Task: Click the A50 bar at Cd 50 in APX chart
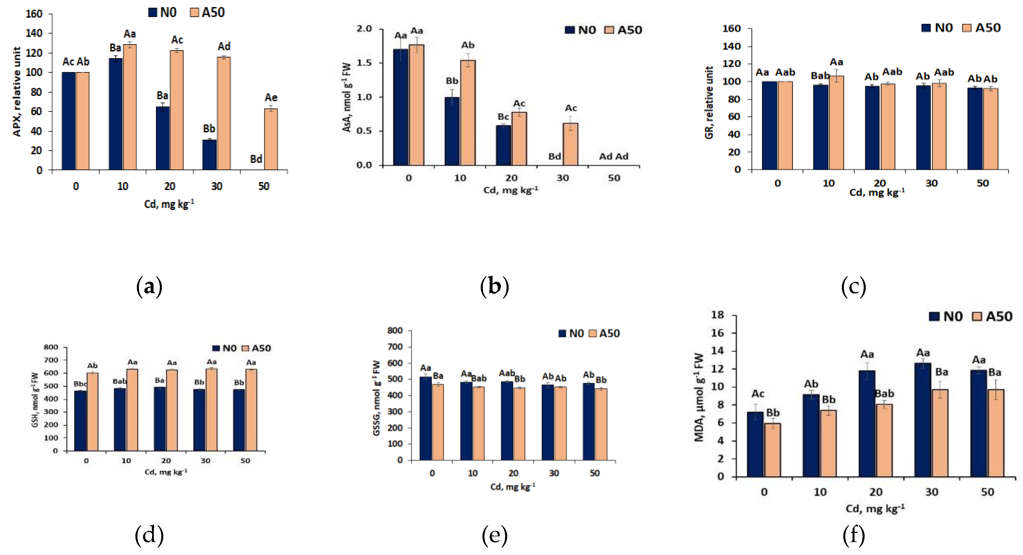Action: tap(271, 139)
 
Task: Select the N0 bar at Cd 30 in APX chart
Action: tap(209, 155)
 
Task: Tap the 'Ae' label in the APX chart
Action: tap(271, 98)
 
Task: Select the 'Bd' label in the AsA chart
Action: tap(554, 157)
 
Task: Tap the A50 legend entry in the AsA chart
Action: tap(624, 30)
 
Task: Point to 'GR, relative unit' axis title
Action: tap(709, 102)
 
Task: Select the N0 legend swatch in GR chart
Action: tap(926, 28)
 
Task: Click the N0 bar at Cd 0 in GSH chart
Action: tap(80, 421)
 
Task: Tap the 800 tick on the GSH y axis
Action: tap(51, 347)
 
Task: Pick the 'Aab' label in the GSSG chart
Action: tap(507, 373)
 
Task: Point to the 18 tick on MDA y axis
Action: tap(717, 315)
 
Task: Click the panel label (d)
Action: tap(149, 535)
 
